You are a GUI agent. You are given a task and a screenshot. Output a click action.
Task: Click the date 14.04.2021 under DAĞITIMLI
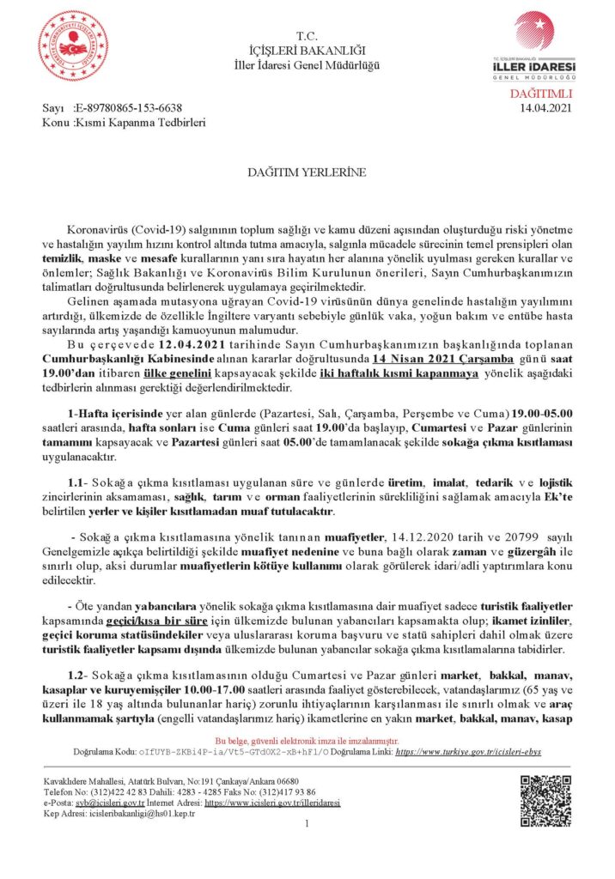(x=546, y=108)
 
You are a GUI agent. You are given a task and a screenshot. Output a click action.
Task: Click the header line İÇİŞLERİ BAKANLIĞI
(x=307, y=51)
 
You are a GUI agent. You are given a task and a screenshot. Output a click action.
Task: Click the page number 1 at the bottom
(x=307, y=825)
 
